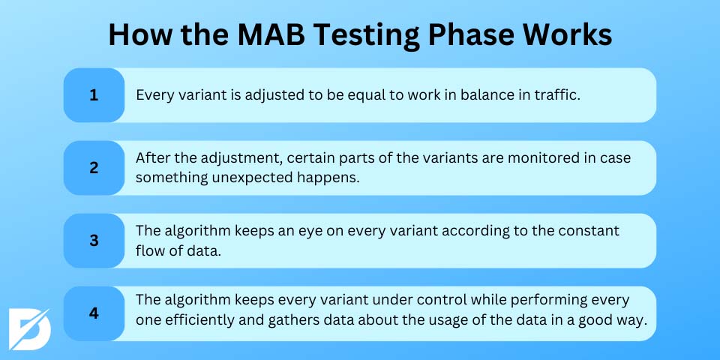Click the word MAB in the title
click(x=271, y=35)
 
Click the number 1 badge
click(x=94, y=95)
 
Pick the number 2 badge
click(x=94, y=168)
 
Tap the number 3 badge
click(x=94, y=241)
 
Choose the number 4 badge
click(x=94, y=313)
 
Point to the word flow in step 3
click(x=148, y=251)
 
